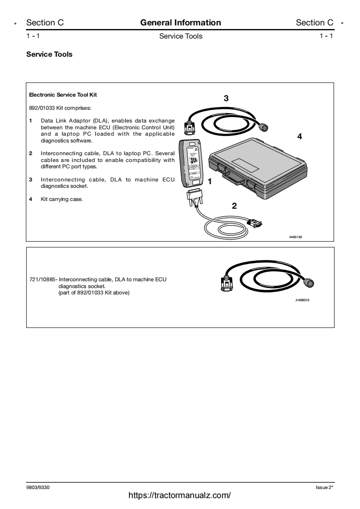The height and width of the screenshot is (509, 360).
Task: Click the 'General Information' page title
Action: click(180, 23)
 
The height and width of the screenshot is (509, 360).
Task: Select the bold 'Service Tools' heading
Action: click(49, 54)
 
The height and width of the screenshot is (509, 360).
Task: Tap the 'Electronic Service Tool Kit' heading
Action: click(63, 95)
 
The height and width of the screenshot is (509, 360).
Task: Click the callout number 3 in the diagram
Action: click(226, 98)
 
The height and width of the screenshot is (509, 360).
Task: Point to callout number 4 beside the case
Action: click(299, 136)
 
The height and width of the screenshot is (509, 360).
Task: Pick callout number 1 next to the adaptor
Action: click(210, 181)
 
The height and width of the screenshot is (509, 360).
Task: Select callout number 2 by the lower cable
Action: click(234, 206)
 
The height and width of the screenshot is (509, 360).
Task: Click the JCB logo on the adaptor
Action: click(192, 161)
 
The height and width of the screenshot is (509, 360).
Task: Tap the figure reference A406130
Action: click(296, 237)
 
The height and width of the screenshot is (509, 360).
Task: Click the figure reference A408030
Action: click(302, 300)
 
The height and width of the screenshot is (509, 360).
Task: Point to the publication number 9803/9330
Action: click(38, 487)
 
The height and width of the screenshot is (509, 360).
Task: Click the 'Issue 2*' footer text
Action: click(324, 487)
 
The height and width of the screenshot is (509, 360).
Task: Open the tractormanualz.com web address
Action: click(180, 495)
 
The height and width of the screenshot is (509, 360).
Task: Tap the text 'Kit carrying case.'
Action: click(62, 199)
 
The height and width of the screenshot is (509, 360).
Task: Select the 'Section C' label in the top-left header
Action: click(45, 23)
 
